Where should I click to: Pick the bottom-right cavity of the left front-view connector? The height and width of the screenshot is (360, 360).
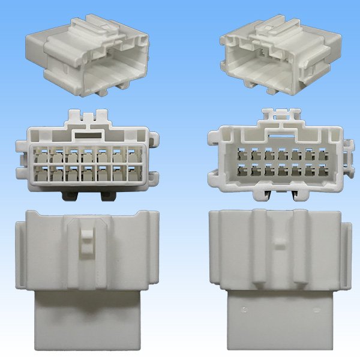(132, 176)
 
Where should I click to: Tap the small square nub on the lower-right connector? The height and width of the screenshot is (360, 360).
(278, 245)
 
